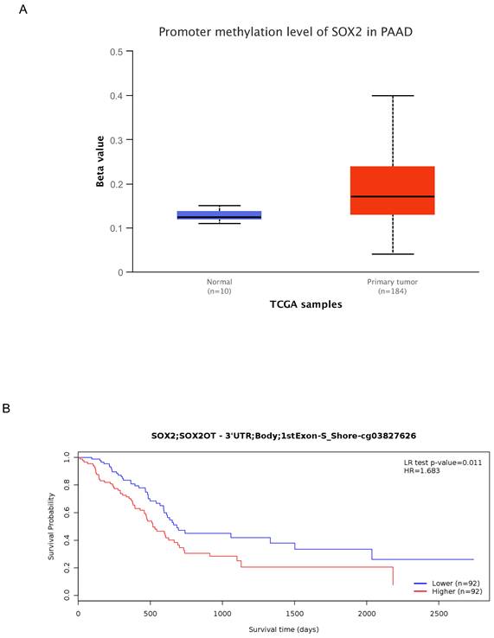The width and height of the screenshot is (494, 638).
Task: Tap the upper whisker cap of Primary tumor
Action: coord(393,95)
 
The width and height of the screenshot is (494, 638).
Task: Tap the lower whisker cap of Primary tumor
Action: coord(393,254)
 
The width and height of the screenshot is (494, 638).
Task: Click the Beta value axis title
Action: coord(101,163)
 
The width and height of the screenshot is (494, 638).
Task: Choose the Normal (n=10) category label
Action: coord(219,286)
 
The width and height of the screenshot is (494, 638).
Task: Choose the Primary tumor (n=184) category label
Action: coord(393,286)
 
